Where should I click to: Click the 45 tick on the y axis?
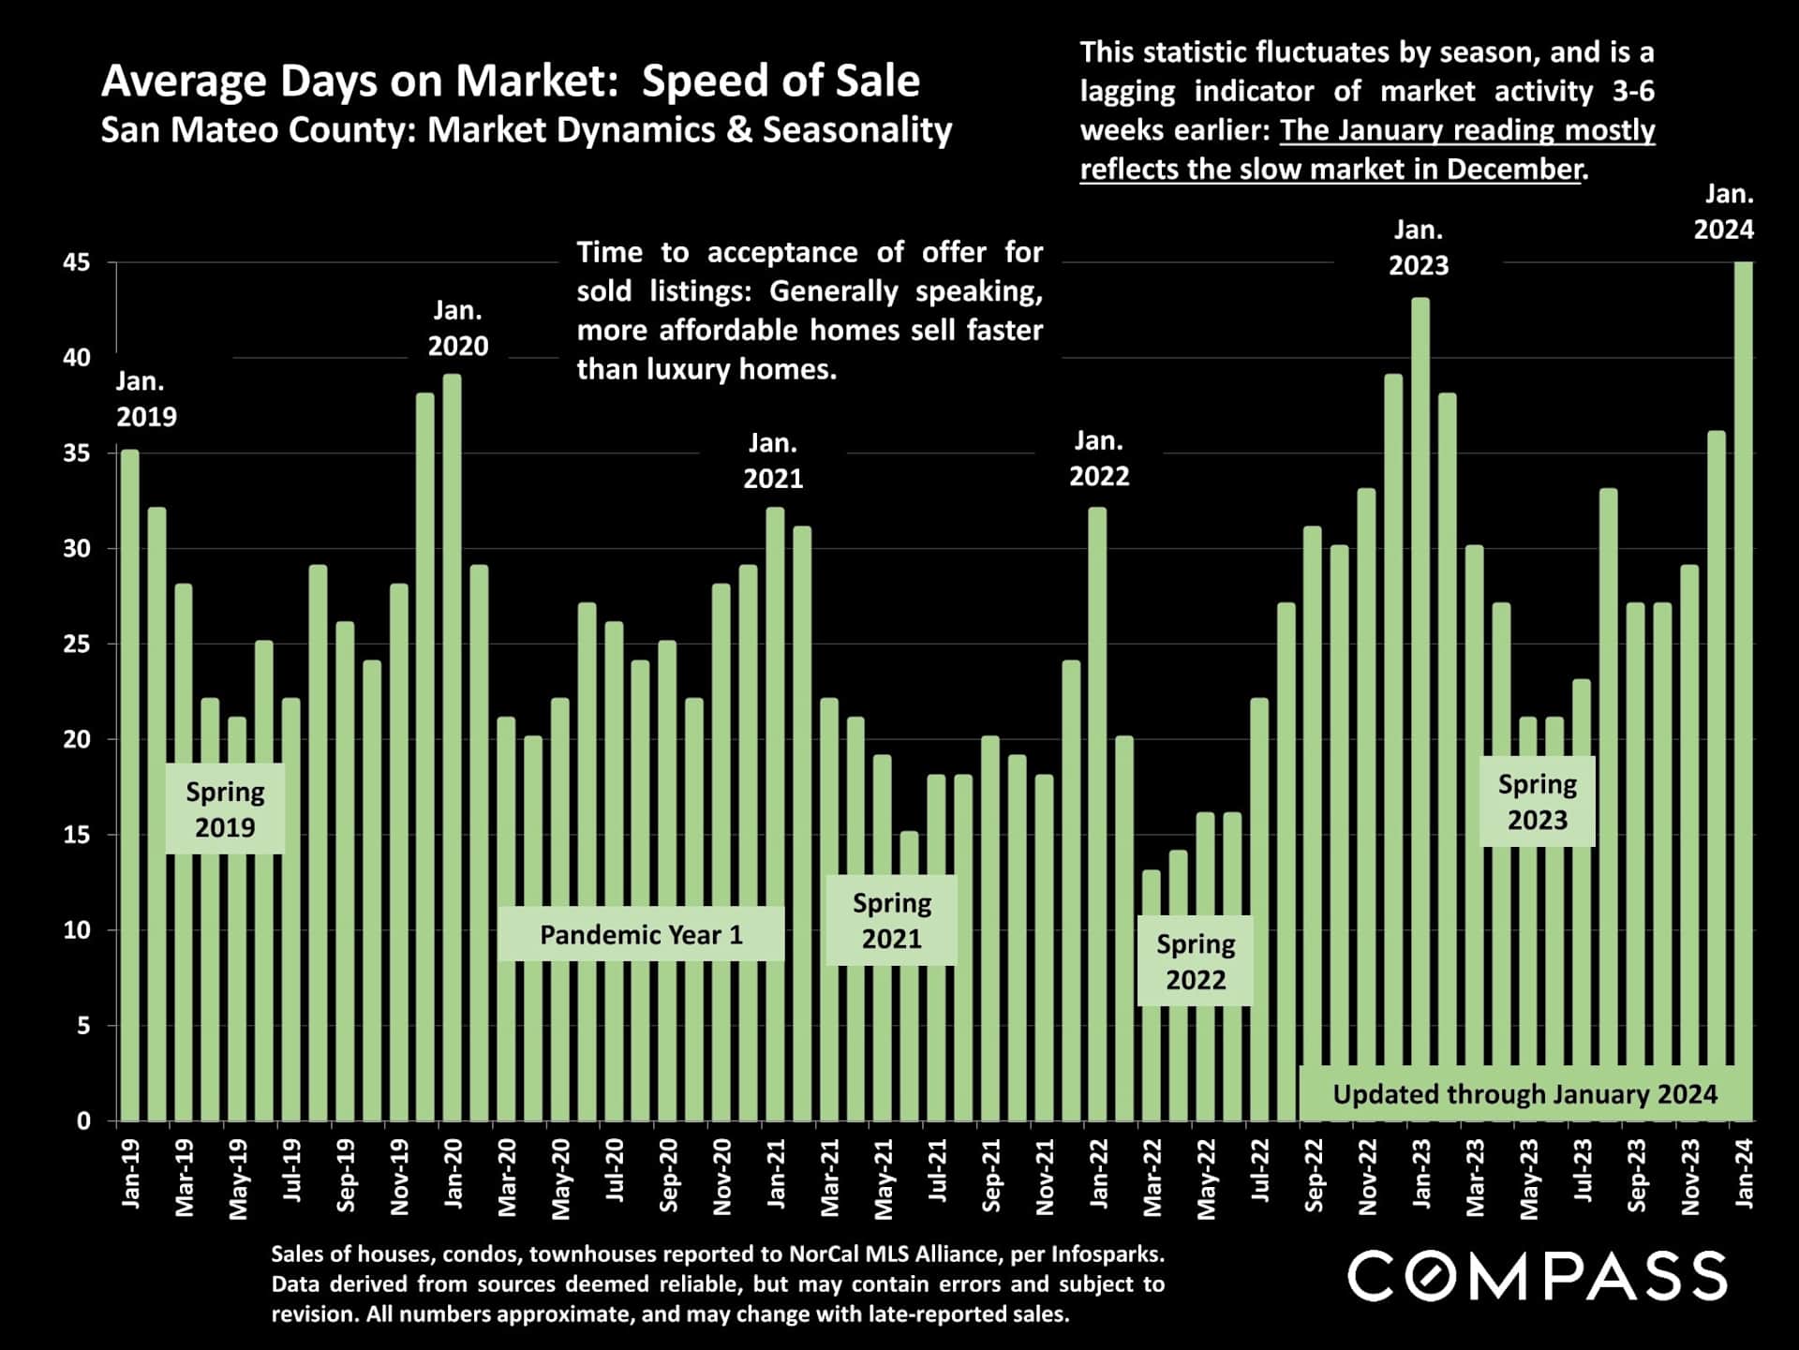(x=77, y=263)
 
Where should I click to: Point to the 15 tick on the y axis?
(x=77, y=835)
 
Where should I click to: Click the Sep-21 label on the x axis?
(x=991, y=1175)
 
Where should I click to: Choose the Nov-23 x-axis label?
(x=1691, y=1177)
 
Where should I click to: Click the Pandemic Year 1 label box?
(x=641, y=934)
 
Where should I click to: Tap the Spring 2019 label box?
(x=225, y=809)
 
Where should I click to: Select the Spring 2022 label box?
(x=1195, y=961)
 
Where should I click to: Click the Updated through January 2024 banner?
(x=1524, y=1093)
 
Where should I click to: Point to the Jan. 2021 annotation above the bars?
(x=773, y=461)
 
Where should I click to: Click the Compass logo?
(x=1537, y=1276)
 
